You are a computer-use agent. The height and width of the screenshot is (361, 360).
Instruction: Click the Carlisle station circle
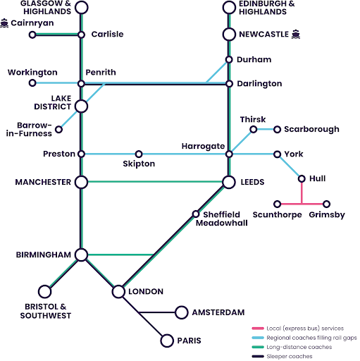tap(81, 34)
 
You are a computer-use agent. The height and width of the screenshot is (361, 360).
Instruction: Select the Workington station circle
tap(32, 83)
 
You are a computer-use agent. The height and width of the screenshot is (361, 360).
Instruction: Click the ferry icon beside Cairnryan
tap(5, 23)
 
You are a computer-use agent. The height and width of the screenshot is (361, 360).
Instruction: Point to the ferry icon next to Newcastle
tap(296, 34)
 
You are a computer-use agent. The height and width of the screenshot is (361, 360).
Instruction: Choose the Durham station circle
tap(229, 60)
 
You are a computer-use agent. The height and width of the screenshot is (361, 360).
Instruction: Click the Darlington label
tap(259, 84)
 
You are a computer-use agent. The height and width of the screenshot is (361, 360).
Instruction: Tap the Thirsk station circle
tap(254, 129)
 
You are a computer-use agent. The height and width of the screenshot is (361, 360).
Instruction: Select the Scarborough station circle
tap(278, 129)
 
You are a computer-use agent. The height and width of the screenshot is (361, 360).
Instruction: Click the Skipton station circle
tap(139, 154)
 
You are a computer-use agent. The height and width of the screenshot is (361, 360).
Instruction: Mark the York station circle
tap(278, 154)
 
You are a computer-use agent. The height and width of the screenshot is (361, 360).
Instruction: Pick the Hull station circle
tap(302, 179)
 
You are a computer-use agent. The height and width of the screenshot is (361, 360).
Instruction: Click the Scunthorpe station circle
tap(278, 204)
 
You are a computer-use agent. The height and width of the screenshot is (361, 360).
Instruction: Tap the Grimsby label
tap(328, 214)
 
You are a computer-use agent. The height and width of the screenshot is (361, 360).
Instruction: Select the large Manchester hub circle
tap(81, 183)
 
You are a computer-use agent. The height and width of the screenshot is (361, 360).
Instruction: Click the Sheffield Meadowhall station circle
tap(196, 214)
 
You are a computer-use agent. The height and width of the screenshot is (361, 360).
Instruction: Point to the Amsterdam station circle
tap(181, 312)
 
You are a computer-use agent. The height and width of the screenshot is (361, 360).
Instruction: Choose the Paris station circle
tap(167, 341)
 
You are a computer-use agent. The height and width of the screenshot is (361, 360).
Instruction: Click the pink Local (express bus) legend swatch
tap(258, 329)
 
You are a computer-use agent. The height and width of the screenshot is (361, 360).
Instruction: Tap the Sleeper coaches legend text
tap(290, 357)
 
